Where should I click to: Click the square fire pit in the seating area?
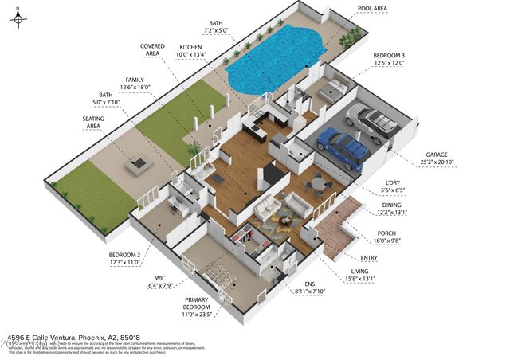coord(140,164)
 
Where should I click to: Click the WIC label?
coord(160,279)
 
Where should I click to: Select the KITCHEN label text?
coord(193,47)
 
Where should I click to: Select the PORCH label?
coord(386,233)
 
